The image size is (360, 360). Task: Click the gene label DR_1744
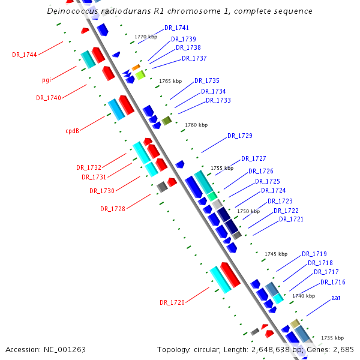click(25, 55)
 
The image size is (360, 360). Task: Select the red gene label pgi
click(46, 80)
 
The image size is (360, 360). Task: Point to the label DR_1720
click(172, 302)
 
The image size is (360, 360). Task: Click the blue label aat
click(336, 298)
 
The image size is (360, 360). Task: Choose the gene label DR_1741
click(176, 28)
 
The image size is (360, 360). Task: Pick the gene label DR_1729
click(239, 136)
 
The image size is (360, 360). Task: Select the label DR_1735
click(206, 80)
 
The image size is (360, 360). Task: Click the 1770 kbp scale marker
click(145, 37)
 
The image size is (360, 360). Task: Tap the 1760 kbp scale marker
click(196, 125)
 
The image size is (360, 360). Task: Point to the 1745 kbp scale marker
click(276, 254)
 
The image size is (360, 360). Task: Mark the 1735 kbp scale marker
click(332, 338)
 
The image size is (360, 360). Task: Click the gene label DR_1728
click(113, 209)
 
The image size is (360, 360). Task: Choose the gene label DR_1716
click(332, 282)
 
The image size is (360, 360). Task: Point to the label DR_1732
click(89, 167)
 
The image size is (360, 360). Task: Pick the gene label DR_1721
click(291, 220)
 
